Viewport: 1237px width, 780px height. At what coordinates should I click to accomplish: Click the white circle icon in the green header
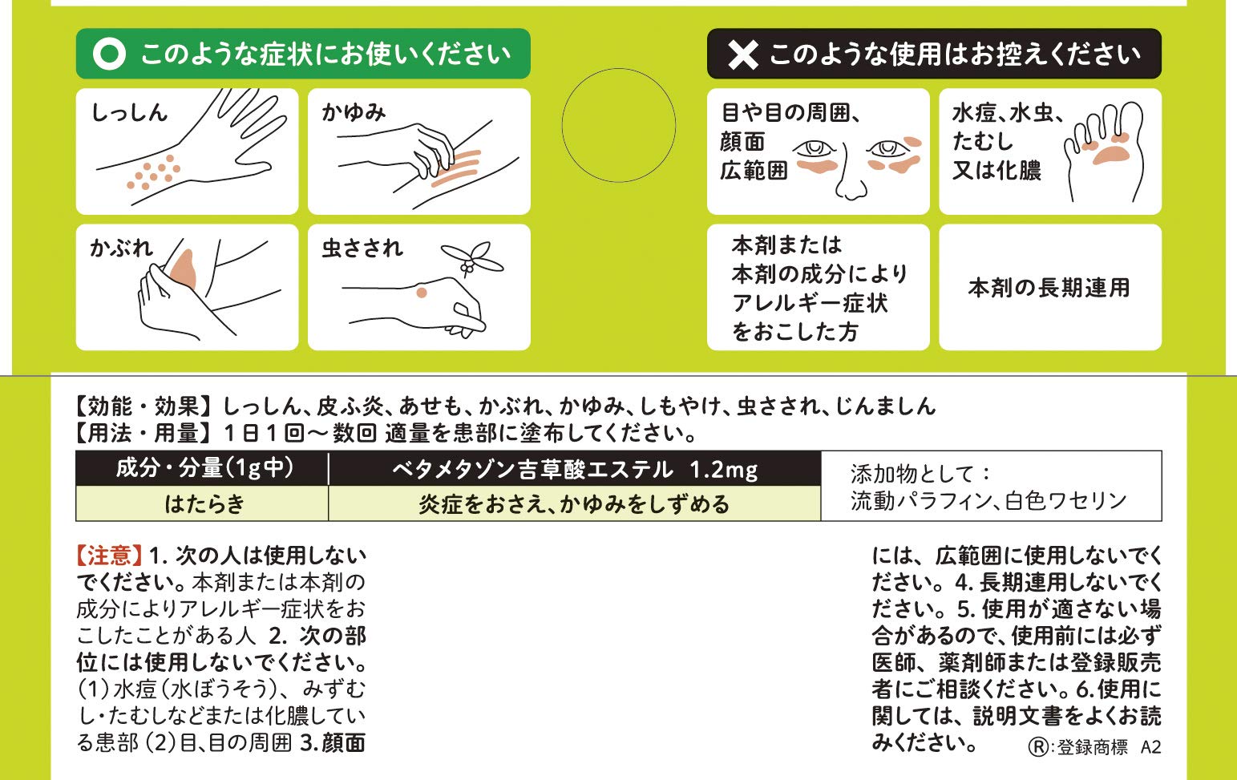coord(109,54)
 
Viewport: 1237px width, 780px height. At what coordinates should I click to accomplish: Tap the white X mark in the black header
coord(742,55)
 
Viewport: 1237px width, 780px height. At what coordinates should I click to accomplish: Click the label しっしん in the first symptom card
coord(129,112)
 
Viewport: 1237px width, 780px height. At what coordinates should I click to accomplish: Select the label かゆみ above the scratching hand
coord(354,112)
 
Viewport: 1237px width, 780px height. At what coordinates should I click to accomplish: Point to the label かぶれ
coord(121,248)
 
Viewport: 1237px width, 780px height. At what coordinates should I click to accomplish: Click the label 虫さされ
coord(362,248)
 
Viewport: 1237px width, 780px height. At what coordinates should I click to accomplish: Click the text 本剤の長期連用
coord(1049,288)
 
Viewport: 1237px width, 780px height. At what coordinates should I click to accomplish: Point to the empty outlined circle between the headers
coord(618,125)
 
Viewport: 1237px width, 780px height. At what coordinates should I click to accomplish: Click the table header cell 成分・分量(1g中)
coord(204,468)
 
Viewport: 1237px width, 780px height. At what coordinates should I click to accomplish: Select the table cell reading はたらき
coord(204,504)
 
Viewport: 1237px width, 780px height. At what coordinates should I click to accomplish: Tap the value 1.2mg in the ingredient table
coord(723,470)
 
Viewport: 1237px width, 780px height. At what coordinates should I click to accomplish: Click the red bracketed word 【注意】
coord(110,556)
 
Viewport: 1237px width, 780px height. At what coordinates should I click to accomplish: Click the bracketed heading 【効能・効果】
coord(144,406)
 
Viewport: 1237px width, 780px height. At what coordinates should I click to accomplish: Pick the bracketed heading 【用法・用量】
coord(144,434)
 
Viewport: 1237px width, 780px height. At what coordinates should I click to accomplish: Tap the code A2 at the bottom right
coord(1150,747)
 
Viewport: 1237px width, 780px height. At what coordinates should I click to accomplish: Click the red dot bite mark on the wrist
coord(422,293)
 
